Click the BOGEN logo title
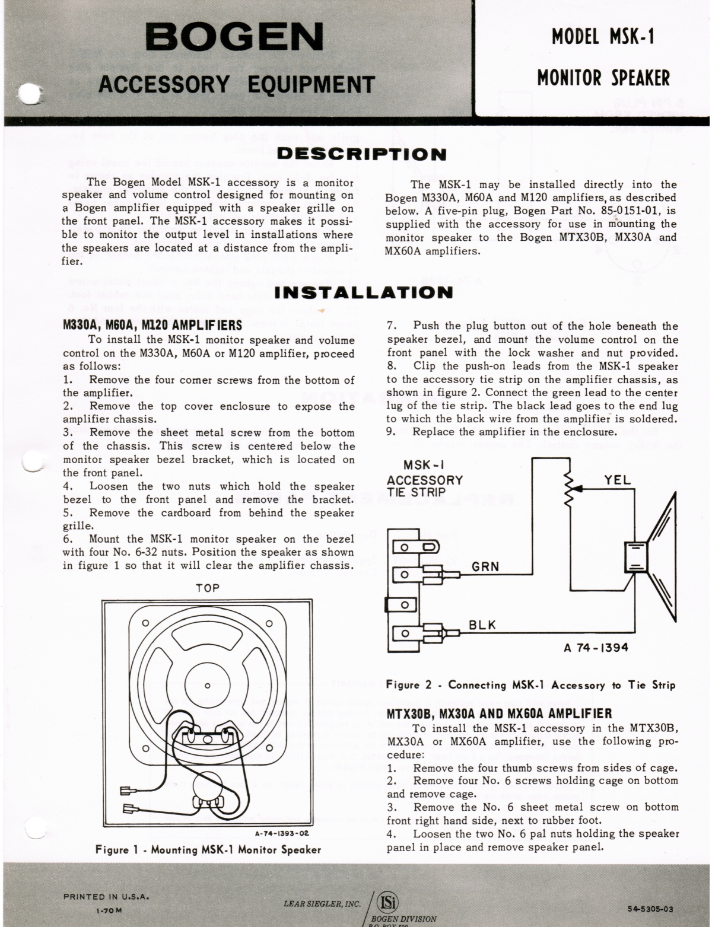click(235, 37)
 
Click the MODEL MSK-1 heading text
click(602, 37)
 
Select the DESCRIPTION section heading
click(361, 155)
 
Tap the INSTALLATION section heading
click(364, 292)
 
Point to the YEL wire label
click(618, 480)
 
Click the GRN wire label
click(485, 566)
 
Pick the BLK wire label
click(482, 625)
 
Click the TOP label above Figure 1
click(208, 588)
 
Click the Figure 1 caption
click(208, 849)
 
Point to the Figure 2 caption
click(530, 685)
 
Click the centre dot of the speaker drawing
click(207, 686)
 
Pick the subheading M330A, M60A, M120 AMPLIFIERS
click(152, 325)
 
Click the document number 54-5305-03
click(650, 908)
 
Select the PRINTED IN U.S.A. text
click(106, 896)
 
